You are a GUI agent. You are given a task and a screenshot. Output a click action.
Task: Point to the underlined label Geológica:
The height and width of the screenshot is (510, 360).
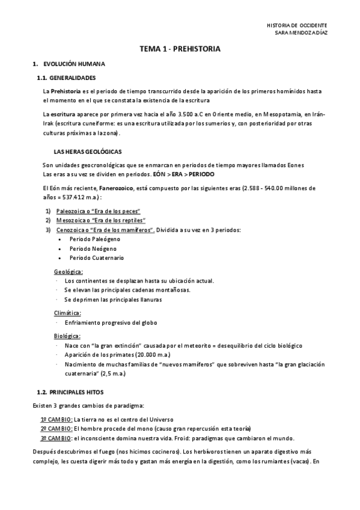pyautogui.click(x=69, y=272)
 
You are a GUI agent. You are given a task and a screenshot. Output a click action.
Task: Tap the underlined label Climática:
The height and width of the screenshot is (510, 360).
pyautogui.click(x=67, y=313)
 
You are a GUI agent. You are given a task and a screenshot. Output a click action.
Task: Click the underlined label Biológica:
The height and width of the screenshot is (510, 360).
pyautogui.click(x=67, y=336)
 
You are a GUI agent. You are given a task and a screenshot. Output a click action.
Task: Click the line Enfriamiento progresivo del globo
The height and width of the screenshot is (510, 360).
pyautogui.click(x=111, y=322)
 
